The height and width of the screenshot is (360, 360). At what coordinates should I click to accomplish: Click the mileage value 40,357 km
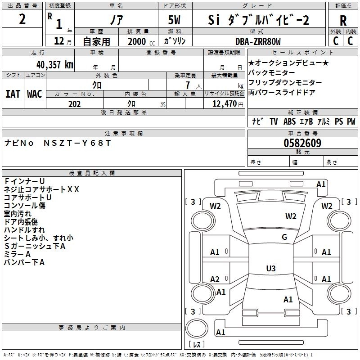[55, 65]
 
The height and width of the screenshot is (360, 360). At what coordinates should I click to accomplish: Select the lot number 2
[22, 19]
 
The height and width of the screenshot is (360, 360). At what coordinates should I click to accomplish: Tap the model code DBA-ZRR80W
[258, 41]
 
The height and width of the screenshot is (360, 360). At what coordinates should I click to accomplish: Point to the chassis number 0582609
[302, 143]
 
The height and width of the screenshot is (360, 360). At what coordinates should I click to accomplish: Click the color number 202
[74, 104]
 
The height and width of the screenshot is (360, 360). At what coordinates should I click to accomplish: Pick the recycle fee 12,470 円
[228, 104]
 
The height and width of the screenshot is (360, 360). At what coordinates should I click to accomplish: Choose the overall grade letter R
[343, 21]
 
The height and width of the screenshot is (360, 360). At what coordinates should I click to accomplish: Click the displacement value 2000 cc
[141, 41]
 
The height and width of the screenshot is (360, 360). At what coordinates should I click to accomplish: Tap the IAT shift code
[13, 94]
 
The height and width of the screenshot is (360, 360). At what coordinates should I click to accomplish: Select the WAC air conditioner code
[35, 94]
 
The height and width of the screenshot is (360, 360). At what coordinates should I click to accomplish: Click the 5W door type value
[174, 20]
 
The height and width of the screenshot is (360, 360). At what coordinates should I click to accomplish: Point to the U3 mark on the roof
[271, 268]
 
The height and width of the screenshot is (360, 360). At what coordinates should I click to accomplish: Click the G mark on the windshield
[284, 237]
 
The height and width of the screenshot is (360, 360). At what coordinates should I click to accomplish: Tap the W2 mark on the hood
[291, 216]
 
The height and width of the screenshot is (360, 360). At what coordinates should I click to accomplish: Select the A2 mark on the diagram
[215, 279]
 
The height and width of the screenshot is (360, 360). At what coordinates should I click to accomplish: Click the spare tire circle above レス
[197, 328]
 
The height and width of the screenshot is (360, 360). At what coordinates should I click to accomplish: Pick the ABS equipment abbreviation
[289, 121]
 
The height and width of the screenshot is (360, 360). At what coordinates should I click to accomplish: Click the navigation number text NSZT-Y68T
[77, 143]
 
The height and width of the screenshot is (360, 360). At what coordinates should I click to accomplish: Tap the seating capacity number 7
[188, 85]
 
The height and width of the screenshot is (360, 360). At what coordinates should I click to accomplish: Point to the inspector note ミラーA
[18, 254]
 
